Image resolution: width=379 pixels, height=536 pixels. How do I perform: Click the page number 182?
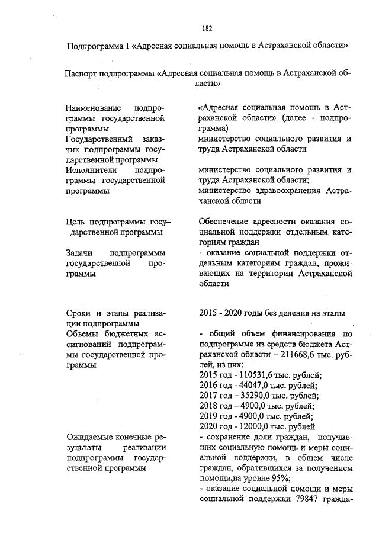click(x=207, y=28)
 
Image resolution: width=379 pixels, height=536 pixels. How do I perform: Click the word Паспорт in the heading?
click(x=82, y=74)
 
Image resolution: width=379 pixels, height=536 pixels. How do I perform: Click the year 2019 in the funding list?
click(x=208, y=416)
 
